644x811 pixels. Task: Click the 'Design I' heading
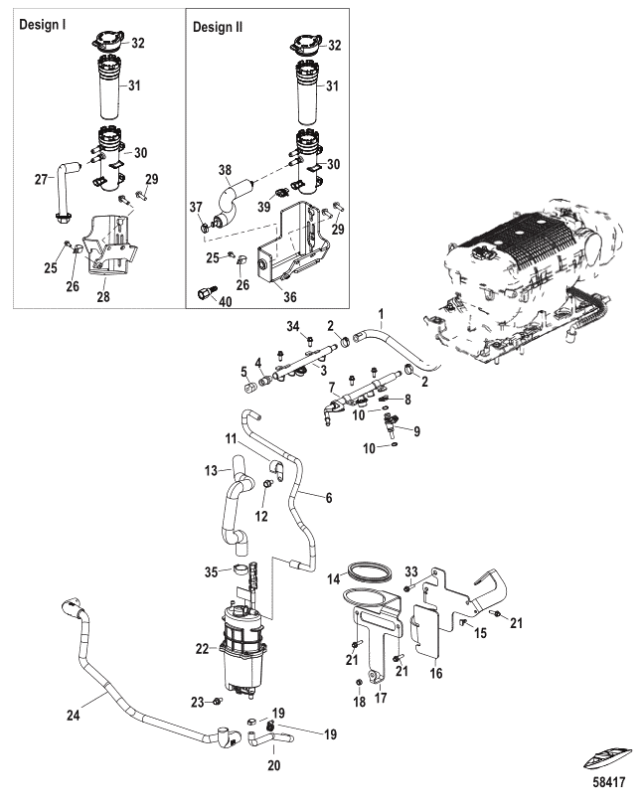pyautogui.click(x=43, y=24)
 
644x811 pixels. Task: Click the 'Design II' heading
pyautogui.click(x=218, y=27)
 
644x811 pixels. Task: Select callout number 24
pyautogui.click(x=74, y=716)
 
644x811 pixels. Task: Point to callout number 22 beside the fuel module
pyautogui.click(x=203, y=649)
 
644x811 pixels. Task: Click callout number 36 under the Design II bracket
pyautogui.click(x=290, y=297)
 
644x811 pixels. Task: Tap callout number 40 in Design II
pyautogui.click(x=226, y=301)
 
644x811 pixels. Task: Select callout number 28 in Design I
pyautogui.click(x=103, y=296)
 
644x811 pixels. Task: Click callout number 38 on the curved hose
pyautogui.click(x=225, y=170)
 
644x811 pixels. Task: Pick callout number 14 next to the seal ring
pyautogui.click(x=334, y=578)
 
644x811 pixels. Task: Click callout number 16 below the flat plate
pyautogui.click(x=436, y=673)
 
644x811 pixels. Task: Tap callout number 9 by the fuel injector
pyautogui.click(x=417, y=431)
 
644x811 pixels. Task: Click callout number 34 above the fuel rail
pyautogui.click(x=293, y=326)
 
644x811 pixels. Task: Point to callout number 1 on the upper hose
pyautogui.click(x=382, y=314)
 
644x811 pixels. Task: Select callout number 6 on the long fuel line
pyautogui.click(x=329, y=498)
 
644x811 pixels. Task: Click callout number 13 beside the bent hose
pyautogui.click(x=211, y=471)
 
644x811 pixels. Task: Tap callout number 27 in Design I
pyautogui.click(x=42, y=180)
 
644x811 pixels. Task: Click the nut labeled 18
pyautogui.click(x=359, y=684)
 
